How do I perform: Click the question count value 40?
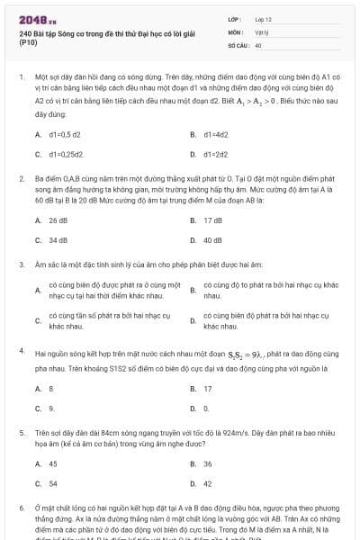click(x=258, y=43)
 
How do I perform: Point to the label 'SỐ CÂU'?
click(x=238, y=43)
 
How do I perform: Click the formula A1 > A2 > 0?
click(x=259, y=103)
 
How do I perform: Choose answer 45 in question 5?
click(x=52, y=463)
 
